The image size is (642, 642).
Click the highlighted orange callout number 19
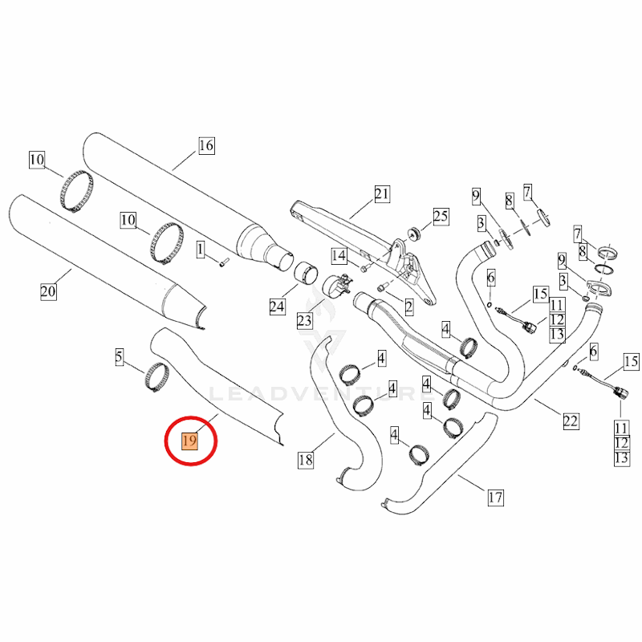190,441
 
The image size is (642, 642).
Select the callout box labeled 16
206,145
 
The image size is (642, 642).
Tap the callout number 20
48,291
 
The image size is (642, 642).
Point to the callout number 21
382,193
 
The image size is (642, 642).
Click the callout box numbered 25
441,216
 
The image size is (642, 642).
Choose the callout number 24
277,307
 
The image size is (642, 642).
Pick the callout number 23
305,320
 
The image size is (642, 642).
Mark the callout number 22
571,421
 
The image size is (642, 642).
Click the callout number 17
495,498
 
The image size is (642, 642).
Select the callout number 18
306,460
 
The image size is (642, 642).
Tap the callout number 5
119,357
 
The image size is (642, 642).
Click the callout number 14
339,256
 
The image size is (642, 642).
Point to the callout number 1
200,250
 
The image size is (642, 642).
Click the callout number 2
409,307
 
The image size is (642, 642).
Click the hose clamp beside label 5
156,377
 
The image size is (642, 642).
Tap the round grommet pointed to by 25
414,234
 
